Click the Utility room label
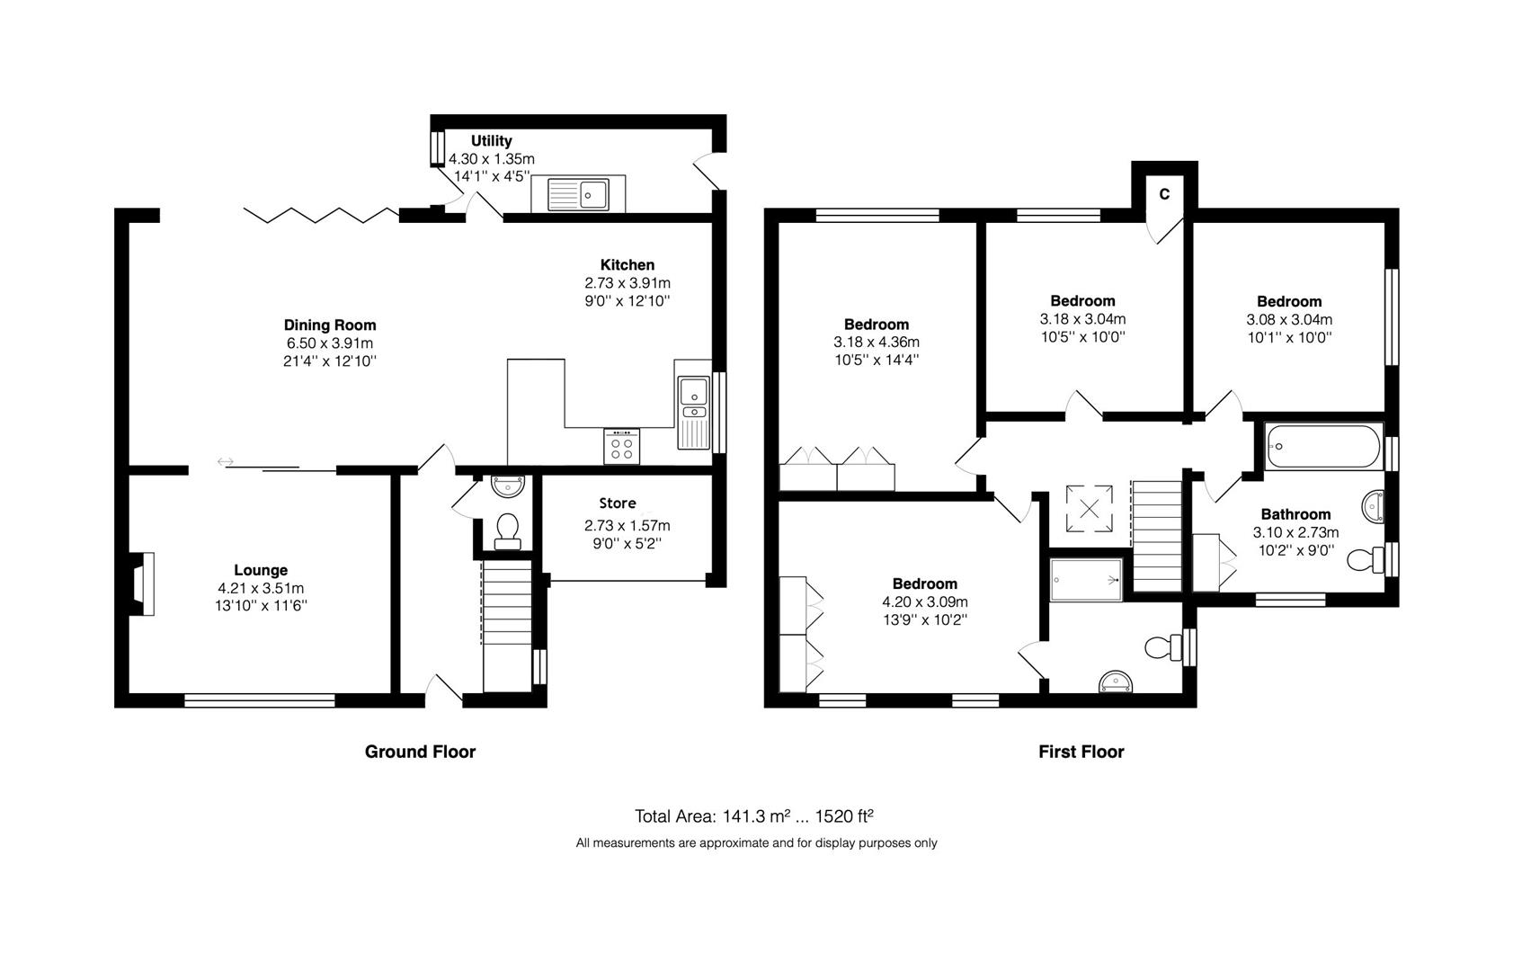(491, 140)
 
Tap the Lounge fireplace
(142, 583)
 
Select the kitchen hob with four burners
(621, 446)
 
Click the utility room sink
(578, 194)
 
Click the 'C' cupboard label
(1164, 194)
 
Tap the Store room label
(618, 503)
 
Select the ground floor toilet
(507, 531)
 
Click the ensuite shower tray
(1086, 580)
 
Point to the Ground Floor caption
(420, 752)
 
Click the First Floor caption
(1081, 752)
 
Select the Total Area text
(753, 816)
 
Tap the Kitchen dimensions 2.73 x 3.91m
(627, 283)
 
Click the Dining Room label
(330, 325)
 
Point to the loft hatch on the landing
(1089, 509)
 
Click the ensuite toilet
(1163, 647)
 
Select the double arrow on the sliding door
(226, 462)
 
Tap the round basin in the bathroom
(1373, 506)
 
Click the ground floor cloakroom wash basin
(508, 485)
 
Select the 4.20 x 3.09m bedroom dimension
(925, 601)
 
